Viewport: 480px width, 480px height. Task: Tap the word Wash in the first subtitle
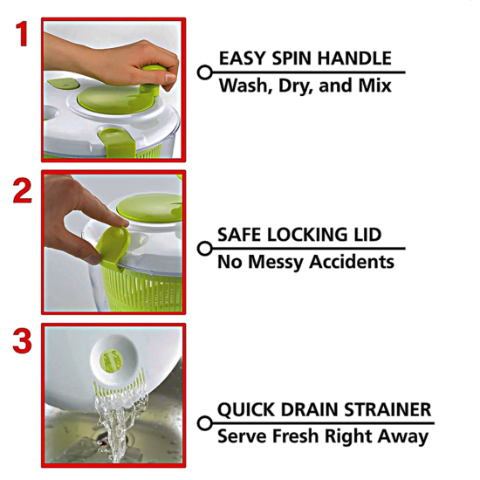point(242,86)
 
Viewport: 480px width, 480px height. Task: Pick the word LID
point(365,236)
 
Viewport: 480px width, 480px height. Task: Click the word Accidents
point(351,262)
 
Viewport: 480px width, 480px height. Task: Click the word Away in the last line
point(404,436)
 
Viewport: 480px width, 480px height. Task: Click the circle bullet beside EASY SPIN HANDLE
point(204,72)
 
